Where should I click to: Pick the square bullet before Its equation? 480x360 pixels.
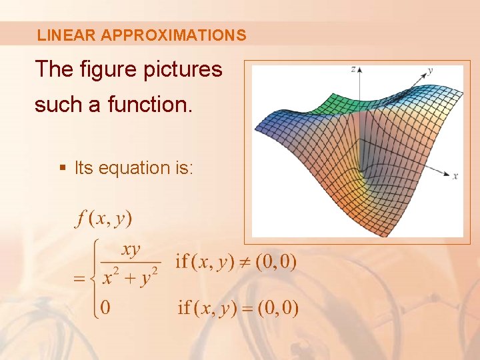[x=63, y=168]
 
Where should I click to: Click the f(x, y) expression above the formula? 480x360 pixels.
[x=104, y=218]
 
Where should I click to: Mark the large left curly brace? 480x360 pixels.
[x=95, y=279]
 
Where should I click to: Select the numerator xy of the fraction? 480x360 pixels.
[x=131, y=250]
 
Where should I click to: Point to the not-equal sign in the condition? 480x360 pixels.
[x=247, y=261]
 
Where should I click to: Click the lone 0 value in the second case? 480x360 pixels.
[x=105, y=307]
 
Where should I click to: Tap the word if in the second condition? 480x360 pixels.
[x=184, y=307]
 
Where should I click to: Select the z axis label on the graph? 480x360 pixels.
[x=353, y=69]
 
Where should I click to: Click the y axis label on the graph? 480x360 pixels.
[x=431, y=69]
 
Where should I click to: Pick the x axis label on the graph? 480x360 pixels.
[x=455, y=176]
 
